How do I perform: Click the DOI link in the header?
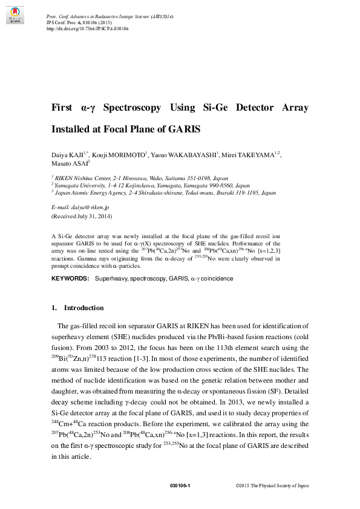87,28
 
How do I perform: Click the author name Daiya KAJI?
69,155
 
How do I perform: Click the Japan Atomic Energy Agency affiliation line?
164,193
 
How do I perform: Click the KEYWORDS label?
69,279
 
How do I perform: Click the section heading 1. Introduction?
77,308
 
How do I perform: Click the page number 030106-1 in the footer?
180,485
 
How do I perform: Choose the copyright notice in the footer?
272,485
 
